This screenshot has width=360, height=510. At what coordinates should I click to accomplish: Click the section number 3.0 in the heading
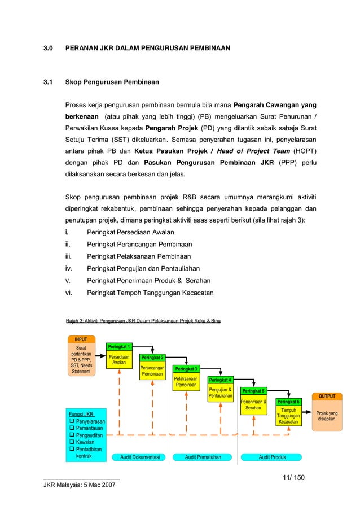pyautogui.click(x=49, y=49)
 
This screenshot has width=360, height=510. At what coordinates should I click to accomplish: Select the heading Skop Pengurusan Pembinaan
pyautogui.click(x=112, y=82)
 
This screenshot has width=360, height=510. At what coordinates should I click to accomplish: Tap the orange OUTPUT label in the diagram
pyautogui.click(x=327, y=396)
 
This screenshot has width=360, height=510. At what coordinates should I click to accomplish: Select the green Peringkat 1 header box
pyautogui.click(x=120, y=346)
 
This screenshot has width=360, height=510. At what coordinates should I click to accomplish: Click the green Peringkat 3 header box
pyautogui.click(x=186, y=369)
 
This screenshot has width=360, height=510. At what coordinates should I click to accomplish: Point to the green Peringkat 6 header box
pyautogui.click(x=288, y=402)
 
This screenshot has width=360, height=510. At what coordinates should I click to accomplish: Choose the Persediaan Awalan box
pyautogui.click(x=119, y=360)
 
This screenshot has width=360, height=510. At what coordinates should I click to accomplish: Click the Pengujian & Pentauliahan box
pyautogui.click(x=220, y=393)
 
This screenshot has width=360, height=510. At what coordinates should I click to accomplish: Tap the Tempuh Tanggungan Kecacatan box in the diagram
pyautogui.click(x=288, y=416)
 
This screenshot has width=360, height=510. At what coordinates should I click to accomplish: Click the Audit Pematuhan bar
pyautogui.click(x=203, y=457)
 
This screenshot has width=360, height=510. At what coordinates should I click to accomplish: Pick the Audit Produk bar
pyautogui.click(x=272, y=457)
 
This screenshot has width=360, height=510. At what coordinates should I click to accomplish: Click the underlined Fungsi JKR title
pyautogui.click(x=81, y=414)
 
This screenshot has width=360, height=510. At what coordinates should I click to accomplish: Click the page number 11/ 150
pyautogui.click(x=293, y=478)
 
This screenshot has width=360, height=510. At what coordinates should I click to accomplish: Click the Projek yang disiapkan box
pyautogui.click(x=327, y=416)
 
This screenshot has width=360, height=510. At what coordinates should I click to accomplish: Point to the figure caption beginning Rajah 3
pyautogui.click(x=143, y=321)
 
